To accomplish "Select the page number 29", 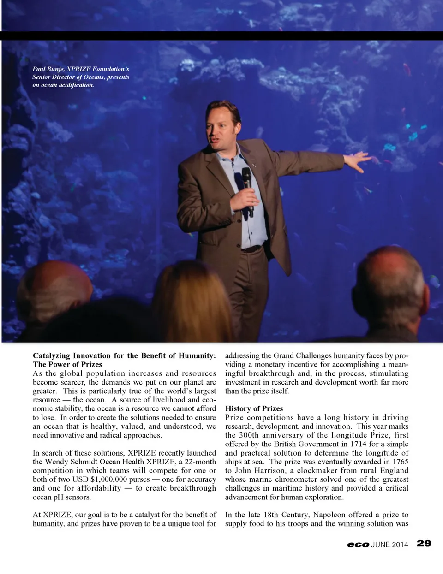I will (424, 544).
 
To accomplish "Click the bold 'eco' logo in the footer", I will (358, 544).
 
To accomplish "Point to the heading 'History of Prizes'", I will (254, 408).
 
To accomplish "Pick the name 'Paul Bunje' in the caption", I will (48, 69).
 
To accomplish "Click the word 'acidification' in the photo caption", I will (76, 85).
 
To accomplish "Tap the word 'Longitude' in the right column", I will (349, 435).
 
